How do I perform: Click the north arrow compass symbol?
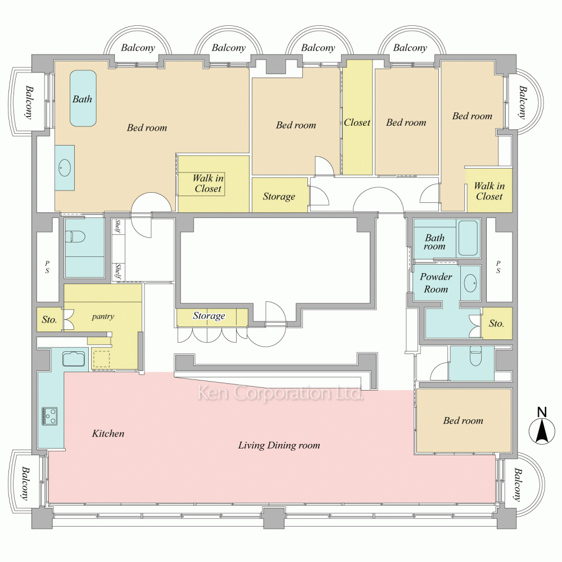[541, 432]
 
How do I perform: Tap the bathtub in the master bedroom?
[83, 98]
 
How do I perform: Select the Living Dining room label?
[279, 446]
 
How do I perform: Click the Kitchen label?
[108, 434]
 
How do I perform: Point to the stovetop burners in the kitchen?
[49, 415]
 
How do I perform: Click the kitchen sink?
[73, 358]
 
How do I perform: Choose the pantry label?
[103, 316]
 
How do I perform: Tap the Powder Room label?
[436, 283]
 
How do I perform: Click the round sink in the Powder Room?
[470, 282]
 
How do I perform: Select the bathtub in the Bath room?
[468, 238]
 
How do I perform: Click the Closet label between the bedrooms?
[357, 123]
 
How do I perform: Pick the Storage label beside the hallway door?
[279, 197]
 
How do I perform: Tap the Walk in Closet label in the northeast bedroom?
[489, 191]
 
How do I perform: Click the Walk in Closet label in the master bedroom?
[208, 184]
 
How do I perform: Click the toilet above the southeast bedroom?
[475, 357]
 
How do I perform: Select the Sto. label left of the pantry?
[49, 320]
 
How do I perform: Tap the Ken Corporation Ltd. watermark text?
[279, 394]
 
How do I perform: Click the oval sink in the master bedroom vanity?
[65, 166]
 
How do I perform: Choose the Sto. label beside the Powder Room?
[496, 324]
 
